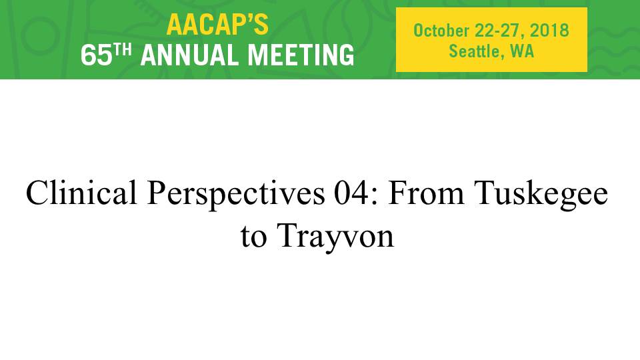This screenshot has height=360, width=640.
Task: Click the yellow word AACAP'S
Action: click(x=217, y=25)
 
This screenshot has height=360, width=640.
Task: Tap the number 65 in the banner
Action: click(x=96, y=55)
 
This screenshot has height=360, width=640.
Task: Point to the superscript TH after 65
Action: click(x=123, y=50)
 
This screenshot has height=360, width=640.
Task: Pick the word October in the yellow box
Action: click(x=441, y=31)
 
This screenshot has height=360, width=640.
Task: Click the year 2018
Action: click(x=549, y=31)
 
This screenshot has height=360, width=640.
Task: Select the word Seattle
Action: click(x=474, y=51)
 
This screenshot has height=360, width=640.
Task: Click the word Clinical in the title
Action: click(x=81, y=192)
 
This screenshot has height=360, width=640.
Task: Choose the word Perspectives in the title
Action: click(x=236, y=195)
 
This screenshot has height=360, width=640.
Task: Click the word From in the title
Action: click(x=426, y=193)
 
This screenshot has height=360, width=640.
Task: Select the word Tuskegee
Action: click(x=541, y=195)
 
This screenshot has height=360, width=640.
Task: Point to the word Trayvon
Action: click(x=335, y=237)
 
